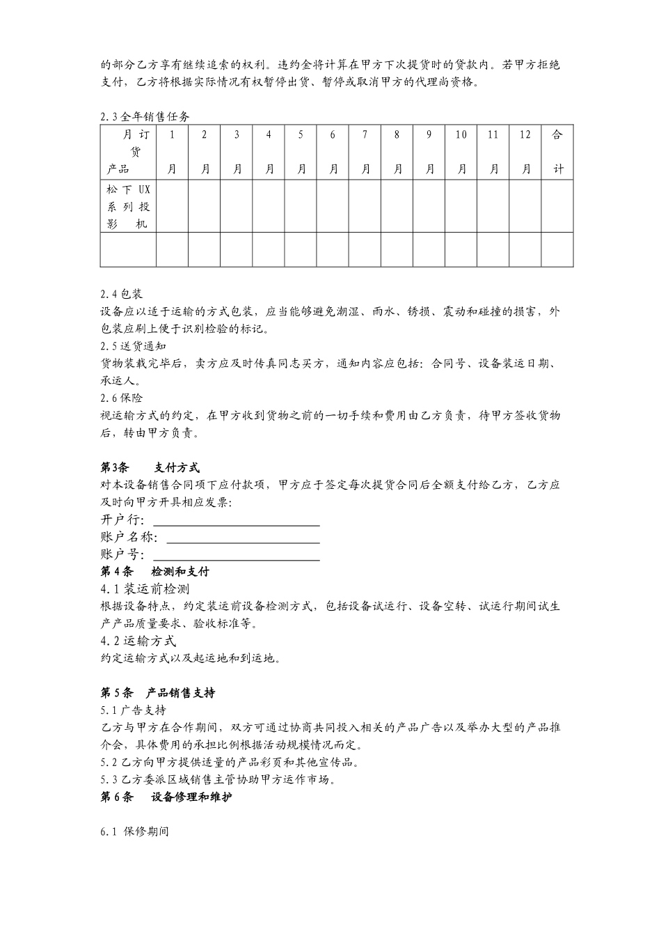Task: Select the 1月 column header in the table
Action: coord(172,152)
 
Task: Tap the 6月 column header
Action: coord(333,152)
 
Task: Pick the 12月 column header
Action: coord(525,152)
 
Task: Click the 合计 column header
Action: coord(557,152)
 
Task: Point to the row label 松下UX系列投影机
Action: coord(128,206)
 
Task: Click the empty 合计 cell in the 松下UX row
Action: coord(557,206)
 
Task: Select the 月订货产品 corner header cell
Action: coord(128,152)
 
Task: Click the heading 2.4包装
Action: coord(121,294)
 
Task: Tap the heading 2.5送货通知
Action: coord(133,346)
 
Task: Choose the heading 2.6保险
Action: coord(121,398)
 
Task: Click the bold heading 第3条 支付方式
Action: coord(150,467)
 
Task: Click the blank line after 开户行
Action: coord(236,521)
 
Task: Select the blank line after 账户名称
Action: coord(243,538)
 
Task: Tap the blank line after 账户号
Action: coord(236,555)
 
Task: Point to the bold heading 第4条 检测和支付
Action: coord(154,572)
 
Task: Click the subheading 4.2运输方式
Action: coord(138,641)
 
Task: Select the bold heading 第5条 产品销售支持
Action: coord(157,693)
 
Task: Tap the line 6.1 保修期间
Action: coord(134,832)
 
